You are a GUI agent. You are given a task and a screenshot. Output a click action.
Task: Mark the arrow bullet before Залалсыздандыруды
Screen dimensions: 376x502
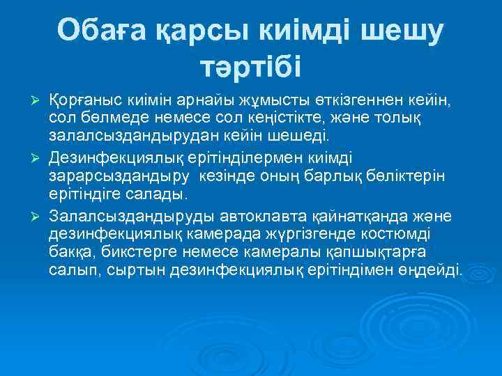(x=40, y=211)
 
